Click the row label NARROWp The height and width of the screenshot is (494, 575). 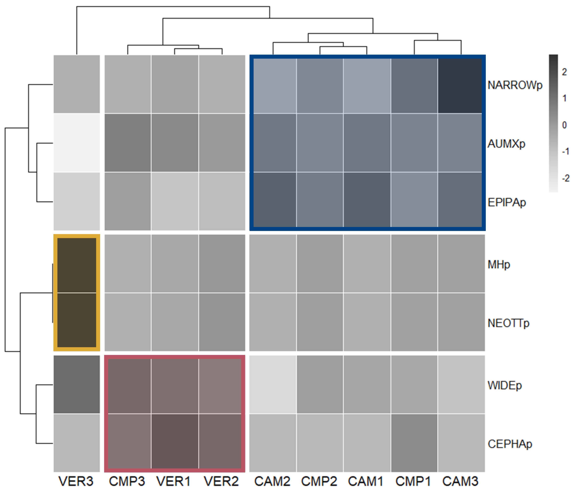(x=515, y=85)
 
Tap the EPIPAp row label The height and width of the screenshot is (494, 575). (x=507, y=202)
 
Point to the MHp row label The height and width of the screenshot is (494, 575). (x=499, y=265)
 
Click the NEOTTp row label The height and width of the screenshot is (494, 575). (x=508, y=323)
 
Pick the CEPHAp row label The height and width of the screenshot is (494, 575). (x=510, y=444)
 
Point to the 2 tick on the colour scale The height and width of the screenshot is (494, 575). (x=564, y=72)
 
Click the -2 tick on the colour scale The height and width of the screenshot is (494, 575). (x=565, y=178)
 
